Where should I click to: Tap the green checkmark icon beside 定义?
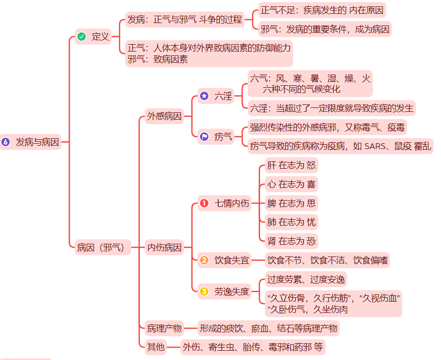pyautogui.click(x=82, y=36)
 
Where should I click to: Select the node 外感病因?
pyautogui.click(x=164, y=116)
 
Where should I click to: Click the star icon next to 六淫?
pyautogui.click(x=204, y=96)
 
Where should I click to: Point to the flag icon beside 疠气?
pyautogui.click(x=204, y=137)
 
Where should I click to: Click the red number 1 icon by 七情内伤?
pyautogui.click(x=204, y=203)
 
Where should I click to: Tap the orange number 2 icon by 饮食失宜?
pyautogui.click(x=204, y=260)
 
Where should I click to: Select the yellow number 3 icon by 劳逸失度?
pyautogui.click(x=204, y=292)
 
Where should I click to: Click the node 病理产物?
pyautogui.click(x=164, y=328)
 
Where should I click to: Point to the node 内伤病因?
pyautogui.click(x=164, y=248)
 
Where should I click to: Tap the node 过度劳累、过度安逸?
pyautogui.click(x=306, y=280)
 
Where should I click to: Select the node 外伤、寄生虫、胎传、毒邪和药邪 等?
pyautogui.click(x=253, y=347)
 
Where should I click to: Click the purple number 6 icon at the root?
pyautogui.click(x=6, y=142)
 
